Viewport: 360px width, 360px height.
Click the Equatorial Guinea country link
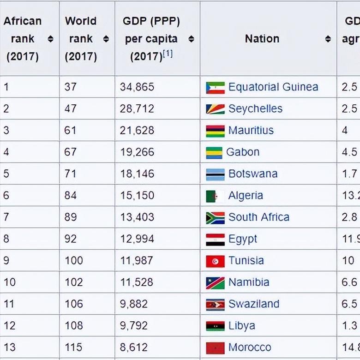tap(273, 87)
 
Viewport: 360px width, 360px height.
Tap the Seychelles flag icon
tap(215, 109)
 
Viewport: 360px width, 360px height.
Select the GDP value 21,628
tap(137, 131)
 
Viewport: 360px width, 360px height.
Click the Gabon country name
tap(243, 152)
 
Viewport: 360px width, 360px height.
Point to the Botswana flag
tap(215, 174)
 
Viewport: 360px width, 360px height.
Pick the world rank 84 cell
tap(71, 196)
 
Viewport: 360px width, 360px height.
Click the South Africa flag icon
tap(215, 218)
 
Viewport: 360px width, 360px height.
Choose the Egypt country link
tap(243, 239)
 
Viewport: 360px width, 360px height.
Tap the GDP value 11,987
tap(137, 261)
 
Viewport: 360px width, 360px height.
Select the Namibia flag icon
tap(215, 282)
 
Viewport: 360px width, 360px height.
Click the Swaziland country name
tap(254, 304)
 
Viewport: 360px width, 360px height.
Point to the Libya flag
tap(215, 326)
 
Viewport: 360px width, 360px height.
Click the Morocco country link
tap(250, 348)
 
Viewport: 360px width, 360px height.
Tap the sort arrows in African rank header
tap(50, 39)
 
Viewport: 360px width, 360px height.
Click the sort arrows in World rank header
tap(106, 39)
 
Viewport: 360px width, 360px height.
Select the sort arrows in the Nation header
tap(328, 39)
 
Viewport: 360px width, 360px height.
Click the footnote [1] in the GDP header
tap(168, 54)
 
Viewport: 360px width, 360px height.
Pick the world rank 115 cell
tap(73, 348)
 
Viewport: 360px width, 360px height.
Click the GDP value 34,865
tap(137, 87)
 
